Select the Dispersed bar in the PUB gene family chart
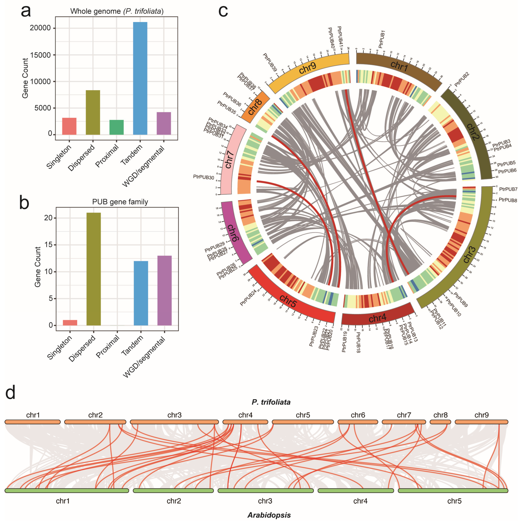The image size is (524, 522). coord(94,269)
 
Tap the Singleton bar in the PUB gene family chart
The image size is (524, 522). coord(70,323)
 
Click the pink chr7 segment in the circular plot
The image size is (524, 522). coord(231,160)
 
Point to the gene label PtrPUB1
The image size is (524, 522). coord(382,39)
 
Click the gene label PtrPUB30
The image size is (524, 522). coord(203,177)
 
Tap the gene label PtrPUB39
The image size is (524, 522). coord(270,62)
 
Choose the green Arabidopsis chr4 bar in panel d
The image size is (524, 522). coord(356,491)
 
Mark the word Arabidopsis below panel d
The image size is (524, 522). coord(269,515)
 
